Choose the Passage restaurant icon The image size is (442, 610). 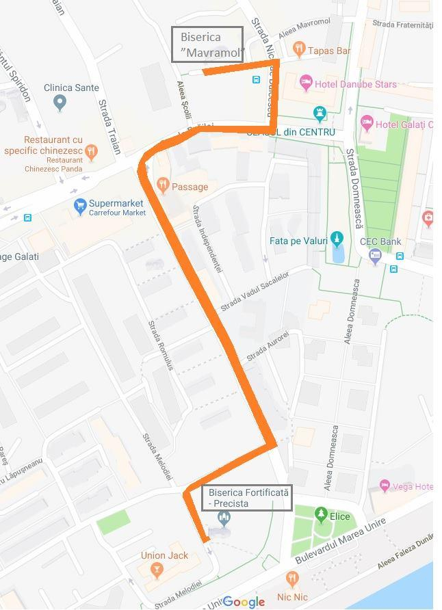[163, 185]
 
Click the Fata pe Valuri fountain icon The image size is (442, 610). [335, 239]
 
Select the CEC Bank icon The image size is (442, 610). [374, 256]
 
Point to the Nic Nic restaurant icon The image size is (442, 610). [293, 580]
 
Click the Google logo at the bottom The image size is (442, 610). [244, 601]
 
